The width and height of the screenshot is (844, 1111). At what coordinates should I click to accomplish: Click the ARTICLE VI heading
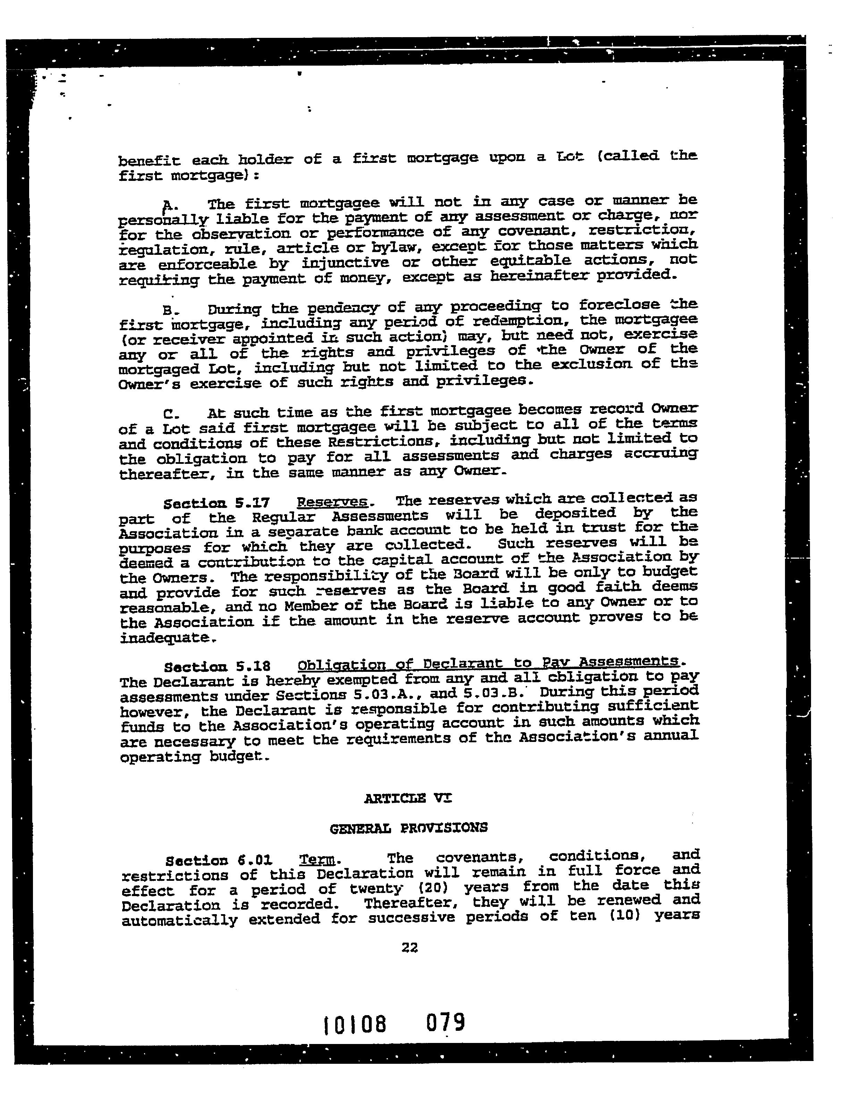(407, 798)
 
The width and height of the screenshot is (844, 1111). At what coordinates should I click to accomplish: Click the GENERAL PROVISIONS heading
(408, 828)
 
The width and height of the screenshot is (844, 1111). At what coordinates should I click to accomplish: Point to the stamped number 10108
(355, 1024)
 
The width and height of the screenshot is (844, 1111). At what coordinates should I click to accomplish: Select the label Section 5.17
(217, 503)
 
